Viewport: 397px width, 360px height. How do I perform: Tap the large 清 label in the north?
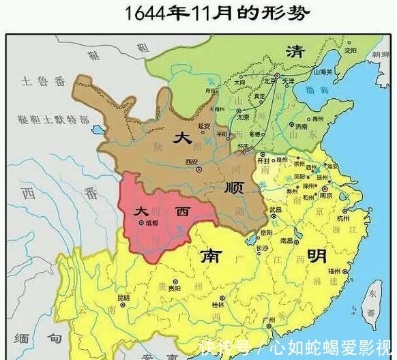[x=295, y=52]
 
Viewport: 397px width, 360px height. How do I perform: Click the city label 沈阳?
[x=351, y=50]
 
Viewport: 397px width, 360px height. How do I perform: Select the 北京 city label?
[x=271, y=79]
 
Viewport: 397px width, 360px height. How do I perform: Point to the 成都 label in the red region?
[x=151, y=222]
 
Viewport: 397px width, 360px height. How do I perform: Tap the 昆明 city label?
[x=123, y=297]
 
